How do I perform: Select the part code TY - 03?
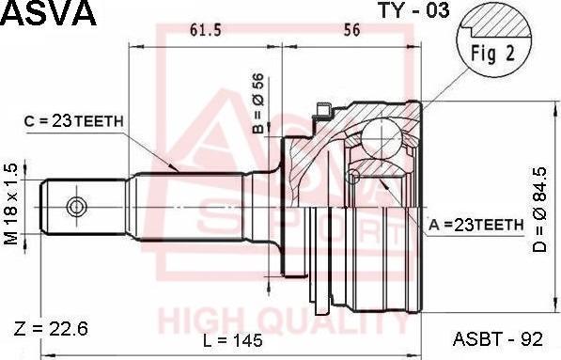[413, 11]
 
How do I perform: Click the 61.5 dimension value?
[205, 30]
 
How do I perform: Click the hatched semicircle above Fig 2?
[496, 22]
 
